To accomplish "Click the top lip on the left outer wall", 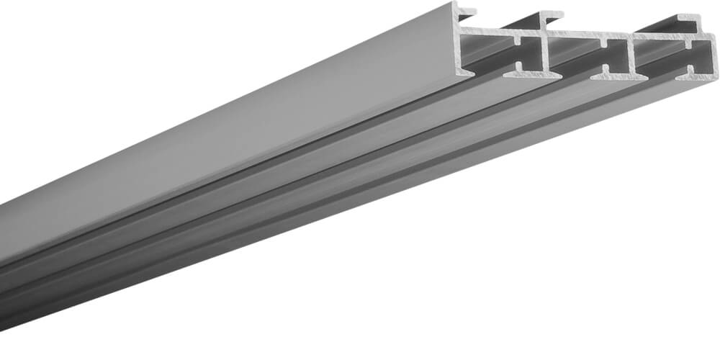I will click(467, 12).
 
